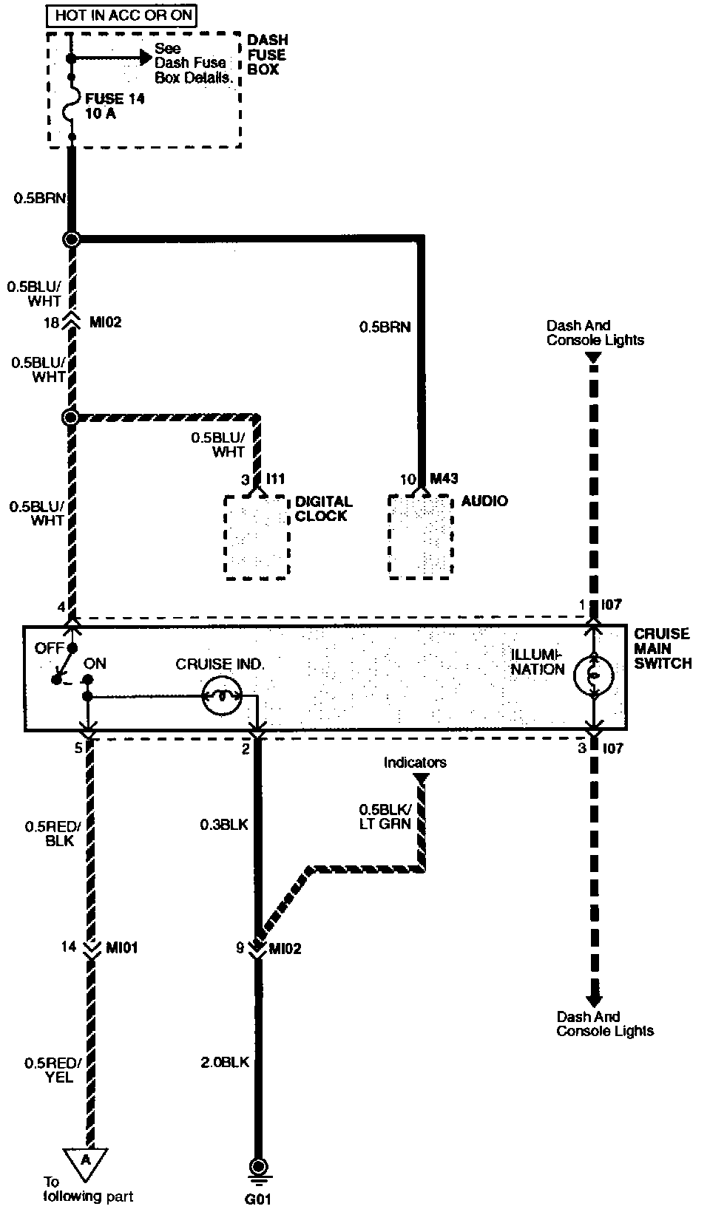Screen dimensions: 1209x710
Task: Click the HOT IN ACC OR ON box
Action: click(124, 15)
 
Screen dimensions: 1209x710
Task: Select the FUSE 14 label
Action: click(115, 98)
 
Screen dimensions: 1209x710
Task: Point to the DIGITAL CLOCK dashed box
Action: click(257, 537)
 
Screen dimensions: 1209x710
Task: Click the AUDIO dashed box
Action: click(420, 537)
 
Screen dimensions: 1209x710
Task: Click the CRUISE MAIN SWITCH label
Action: click(662, 649)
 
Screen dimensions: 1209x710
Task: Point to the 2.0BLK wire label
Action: click(225, 1062)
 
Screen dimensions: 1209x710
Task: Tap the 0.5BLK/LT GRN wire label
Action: click(385, 816)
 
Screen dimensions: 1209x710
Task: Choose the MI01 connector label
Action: click(121, 947)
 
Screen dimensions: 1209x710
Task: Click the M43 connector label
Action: click(444, 479)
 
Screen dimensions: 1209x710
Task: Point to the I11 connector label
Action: click(274, 479)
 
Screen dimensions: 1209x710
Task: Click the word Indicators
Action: click(415, 763)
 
